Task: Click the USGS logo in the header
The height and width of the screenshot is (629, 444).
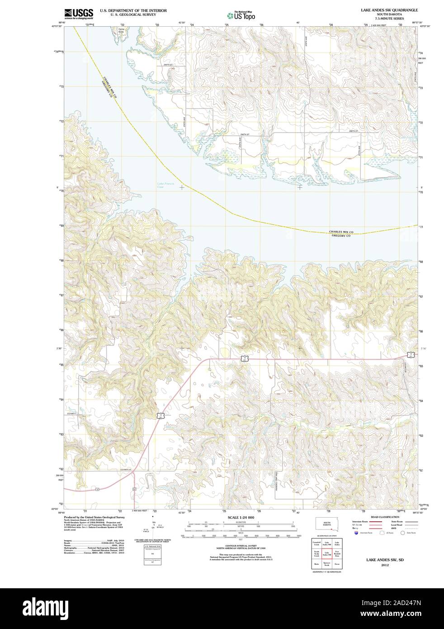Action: point(79,13)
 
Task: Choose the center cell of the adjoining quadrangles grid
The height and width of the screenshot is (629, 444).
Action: point(326,553)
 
